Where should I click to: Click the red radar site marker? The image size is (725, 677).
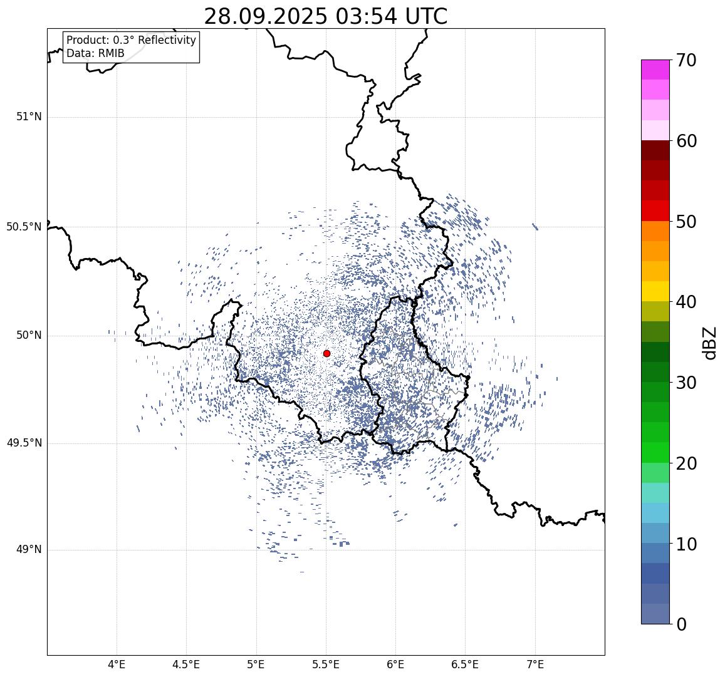click(x=326, y=353)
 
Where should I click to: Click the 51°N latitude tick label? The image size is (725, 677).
click(x=29, y=116)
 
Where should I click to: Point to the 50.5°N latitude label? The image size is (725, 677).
click(x=24, y=227)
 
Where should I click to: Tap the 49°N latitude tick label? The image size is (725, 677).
click(x=29, y=550)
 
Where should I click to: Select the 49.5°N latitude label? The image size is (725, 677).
click(x=24, y=443)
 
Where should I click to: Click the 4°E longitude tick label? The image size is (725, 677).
click(x=117, y=664)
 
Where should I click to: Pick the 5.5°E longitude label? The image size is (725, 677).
click(x=326, y=664)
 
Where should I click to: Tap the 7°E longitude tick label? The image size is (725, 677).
click(x=535, y=664)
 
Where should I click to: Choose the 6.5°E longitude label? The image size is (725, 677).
click(x=466, y=664)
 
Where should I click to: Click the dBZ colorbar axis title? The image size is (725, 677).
click(x=709, y=343)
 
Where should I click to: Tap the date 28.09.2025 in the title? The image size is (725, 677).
click(x=265, y=16)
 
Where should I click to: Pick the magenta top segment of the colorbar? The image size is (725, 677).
click(x=655, y=69)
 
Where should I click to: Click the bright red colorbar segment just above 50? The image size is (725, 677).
click(x=655, y=210)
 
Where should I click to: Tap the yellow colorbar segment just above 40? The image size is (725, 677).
click(x=655, y=291)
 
